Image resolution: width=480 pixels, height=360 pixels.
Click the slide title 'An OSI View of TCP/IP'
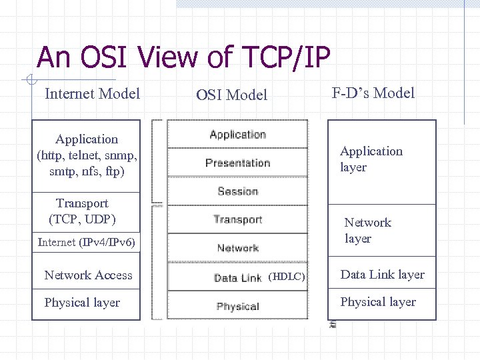click(183, 57)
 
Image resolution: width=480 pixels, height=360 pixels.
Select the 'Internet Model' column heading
click(92, 93)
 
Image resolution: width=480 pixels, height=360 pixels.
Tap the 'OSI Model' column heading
click(231, 95)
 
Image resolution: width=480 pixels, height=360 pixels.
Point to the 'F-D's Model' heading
click(373, 93)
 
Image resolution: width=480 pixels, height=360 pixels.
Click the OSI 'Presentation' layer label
click(237, 163)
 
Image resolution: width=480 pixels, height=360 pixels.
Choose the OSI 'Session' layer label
click(237, 191)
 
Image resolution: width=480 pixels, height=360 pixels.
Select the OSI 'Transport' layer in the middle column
click(237, 219)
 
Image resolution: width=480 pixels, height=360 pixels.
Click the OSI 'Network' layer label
click(237, 248)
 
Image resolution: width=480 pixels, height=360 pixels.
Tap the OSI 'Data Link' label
click(237, 277)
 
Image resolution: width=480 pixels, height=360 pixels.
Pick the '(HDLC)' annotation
click(286, 277)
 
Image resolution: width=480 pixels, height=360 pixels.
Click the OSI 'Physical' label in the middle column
click(237, 307)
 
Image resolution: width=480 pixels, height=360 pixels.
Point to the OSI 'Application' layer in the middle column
click(237, 134)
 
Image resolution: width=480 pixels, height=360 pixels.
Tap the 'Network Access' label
click(88, 275)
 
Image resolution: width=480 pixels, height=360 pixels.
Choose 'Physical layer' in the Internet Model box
click(82, 303)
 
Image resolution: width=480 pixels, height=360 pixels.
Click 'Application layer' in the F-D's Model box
click(371, 159)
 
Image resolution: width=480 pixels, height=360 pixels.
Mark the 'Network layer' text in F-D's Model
click(367, 231)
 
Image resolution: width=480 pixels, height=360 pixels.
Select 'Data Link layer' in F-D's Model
click(382, 275)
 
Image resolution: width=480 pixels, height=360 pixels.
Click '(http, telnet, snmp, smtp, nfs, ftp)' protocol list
click(87, 164)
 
